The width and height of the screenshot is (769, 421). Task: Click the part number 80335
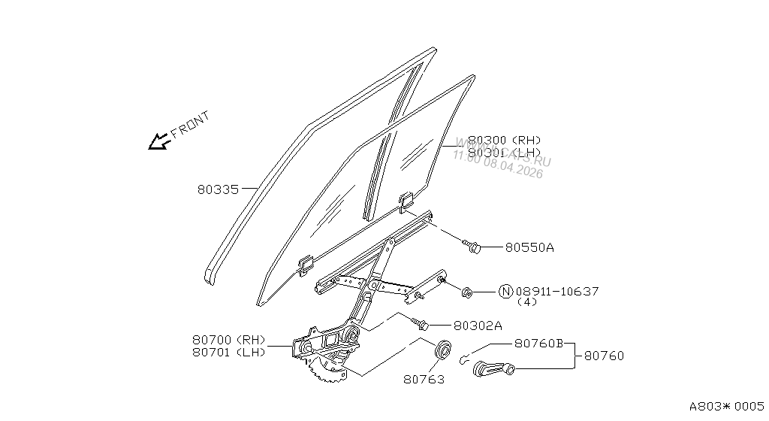pos(217,190)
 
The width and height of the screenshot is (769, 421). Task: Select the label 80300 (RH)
pos(504,140)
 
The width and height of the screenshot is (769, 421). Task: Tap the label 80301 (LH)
pos(504,153)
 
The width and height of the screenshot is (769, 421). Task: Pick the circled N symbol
pos(505,291)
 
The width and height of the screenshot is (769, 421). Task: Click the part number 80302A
pos(478,326)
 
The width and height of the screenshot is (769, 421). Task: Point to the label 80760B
pos(538,343)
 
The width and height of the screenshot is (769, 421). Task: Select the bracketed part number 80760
pos(604,356)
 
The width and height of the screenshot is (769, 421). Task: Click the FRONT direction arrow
pos(158,141)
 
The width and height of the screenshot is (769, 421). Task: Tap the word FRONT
pos(190,124)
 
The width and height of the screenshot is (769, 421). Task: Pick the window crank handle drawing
pos(493,368)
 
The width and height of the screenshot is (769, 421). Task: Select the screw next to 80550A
pos(472,246)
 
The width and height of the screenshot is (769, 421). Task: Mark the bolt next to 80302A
pos(421,325)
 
